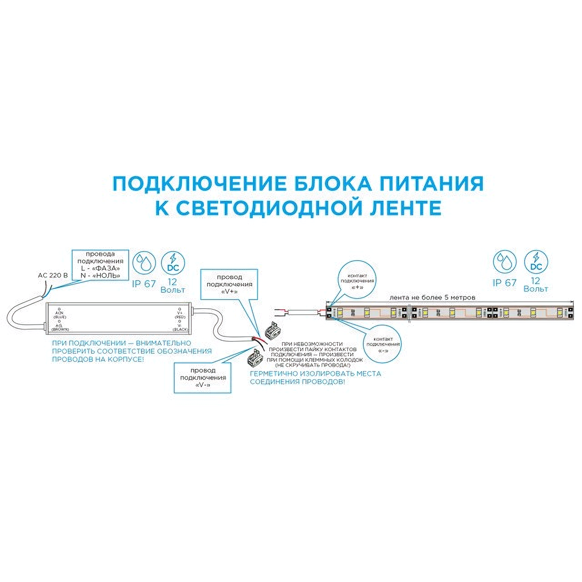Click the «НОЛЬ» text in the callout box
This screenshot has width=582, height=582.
(107, 276)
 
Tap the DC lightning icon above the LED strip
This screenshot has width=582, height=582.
(536, 263)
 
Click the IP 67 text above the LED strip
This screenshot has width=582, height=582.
(505, 283)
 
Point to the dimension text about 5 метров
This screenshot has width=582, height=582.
(432, 297)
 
